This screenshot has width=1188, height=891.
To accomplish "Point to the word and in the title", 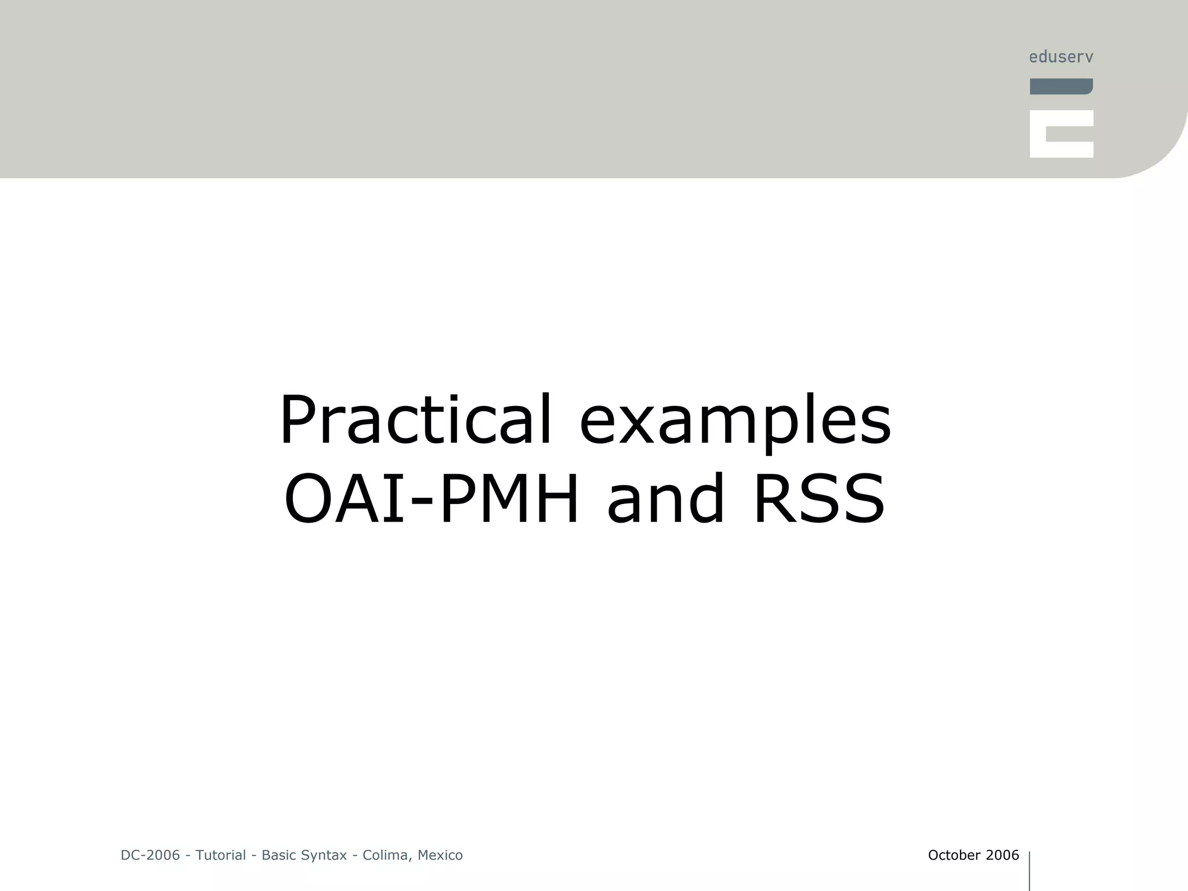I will click(x=666, y=499).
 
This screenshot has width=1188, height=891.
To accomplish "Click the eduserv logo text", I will click(x=1061, y=57).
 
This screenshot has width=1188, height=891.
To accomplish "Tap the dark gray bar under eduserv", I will click(x=1061, y=86).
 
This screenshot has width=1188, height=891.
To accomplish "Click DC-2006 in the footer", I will click(x=150, y=855).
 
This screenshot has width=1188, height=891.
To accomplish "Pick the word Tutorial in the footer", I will click(x=220, y=855).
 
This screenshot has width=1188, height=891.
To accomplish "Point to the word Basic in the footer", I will click(x=279, y=855).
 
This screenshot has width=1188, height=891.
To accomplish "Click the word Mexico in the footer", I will click(x=440, y=855).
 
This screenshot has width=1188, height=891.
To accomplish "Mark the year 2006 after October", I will click(x=1002, y=855).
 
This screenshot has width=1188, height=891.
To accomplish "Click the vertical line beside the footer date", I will click(x=1030, y=870).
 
